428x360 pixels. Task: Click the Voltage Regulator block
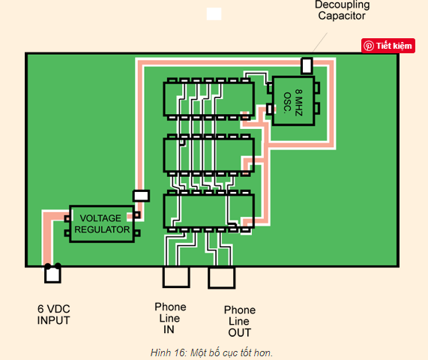coord(102,223)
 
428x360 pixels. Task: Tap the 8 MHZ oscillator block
coord(293,100)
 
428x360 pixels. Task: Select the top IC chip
coord(209,99)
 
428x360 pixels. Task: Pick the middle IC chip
coord(209,155)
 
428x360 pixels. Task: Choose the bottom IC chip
coord(209,211)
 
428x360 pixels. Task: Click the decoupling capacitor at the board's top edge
coord(307,65)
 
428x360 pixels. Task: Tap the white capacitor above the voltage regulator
coord(141,196)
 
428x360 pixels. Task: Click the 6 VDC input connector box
coord(52,274)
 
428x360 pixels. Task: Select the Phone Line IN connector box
coord(176,277)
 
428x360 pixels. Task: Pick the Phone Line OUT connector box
coord(221,277)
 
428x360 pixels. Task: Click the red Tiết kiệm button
coord(388,46)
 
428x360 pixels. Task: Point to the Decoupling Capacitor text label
coord(342,10)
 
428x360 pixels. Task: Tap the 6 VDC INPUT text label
coord(53,314)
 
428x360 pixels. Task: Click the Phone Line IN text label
coord(170,318)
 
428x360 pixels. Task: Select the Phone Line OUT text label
coord(240,321)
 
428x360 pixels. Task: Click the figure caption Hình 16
coord(211,352)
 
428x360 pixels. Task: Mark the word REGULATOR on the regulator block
coord(102,229)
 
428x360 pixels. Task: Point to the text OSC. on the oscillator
coord(287,103)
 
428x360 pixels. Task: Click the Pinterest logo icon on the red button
coord(369,46)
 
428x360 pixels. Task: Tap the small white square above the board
coord(214,14)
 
